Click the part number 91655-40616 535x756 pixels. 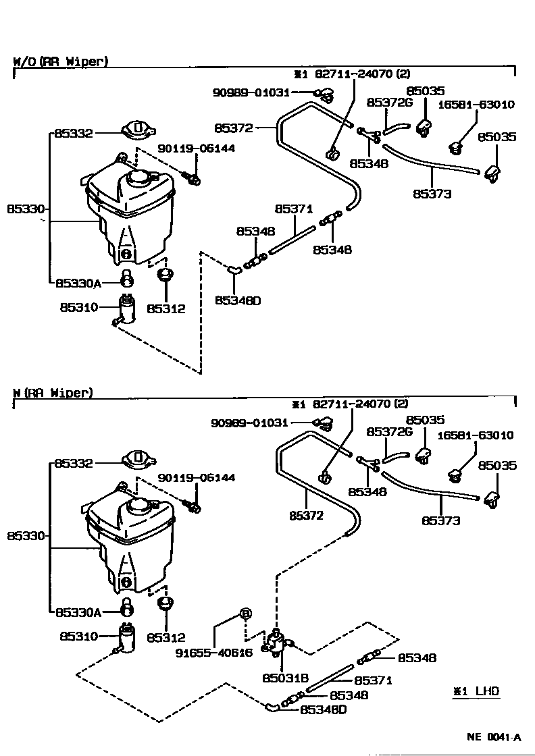click(x=213, y=653)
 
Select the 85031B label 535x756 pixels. click(x=286, y=678)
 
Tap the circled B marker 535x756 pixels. click(x=246, y=614)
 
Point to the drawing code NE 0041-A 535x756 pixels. click(x=494, y=737)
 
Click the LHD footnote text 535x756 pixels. click(x=487, y=691)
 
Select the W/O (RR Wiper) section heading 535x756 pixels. click(x=60, y=61)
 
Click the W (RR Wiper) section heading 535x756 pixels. click(x=53, y=392)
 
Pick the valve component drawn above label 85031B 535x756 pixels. click(x=276, y=643)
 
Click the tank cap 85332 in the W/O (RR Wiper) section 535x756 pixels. click(x=138, y=129)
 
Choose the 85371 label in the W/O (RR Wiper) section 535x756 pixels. click(x=294, y=209)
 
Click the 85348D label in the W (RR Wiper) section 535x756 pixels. click(x=324, y=709)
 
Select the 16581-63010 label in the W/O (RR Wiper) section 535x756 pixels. click(x=476, y=104)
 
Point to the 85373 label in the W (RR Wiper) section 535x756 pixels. click(x=441, y=520)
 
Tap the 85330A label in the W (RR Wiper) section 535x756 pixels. click(x=78, y=612)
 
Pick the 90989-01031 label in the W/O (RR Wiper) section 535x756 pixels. click(x=251, y=92)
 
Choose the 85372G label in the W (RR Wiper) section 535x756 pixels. click(x=389, y=431)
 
